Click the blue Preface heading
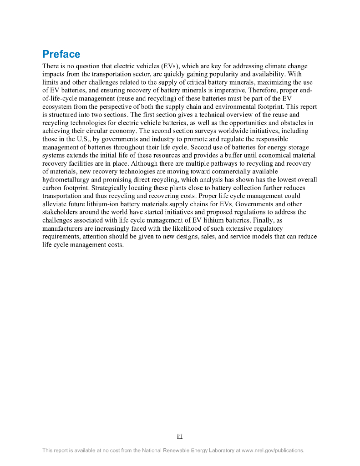coord(61,54)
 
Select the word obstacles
coord(290,123)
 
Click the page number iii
coord(180,437)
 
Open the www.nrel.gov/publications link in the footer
coord(272,451)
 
